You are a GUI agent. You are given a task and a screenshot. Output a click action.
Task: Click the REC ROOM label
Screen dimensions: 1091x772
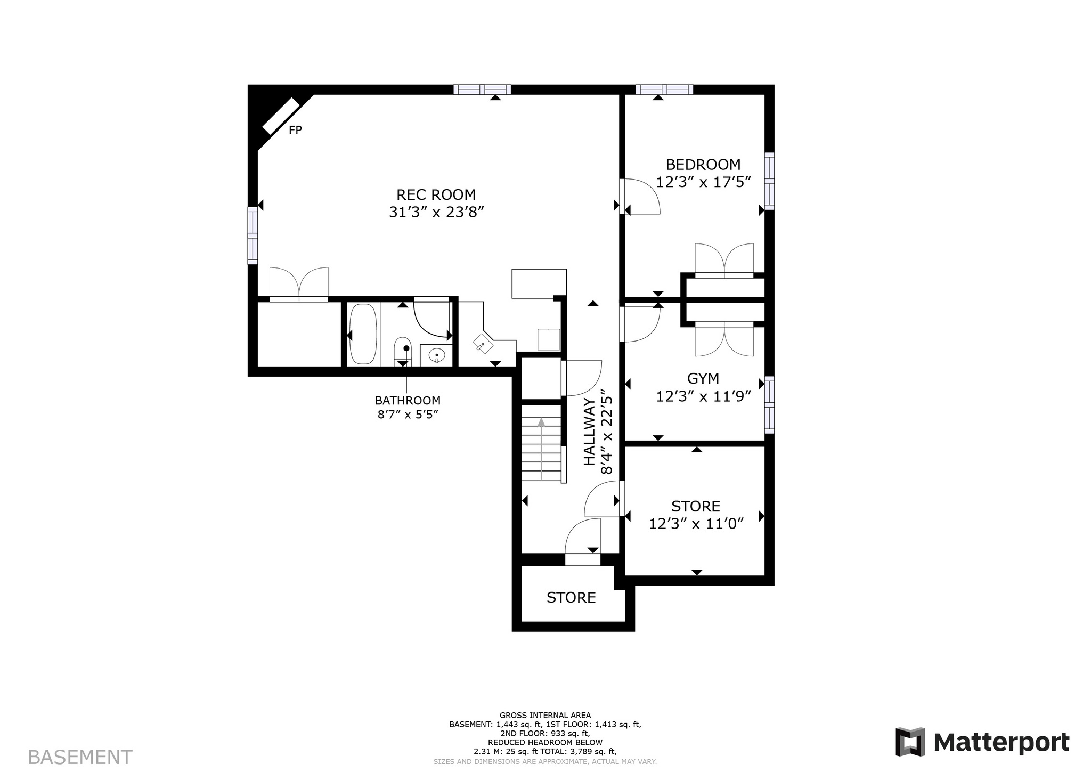pyautogui.click(x=436, y=194)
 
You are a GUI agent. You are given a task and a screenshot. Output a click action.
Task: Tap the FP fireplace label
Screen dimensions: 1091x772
pyautogui.click(x=295, y=130)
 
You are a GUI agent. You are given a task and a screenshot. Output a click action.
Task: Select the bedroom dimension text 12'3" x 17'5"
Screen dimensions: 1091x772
pyautogui.click(x=703, y=182)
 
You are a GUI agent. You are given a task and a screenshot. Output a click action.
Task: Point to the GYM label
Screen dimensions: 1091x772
pyautogui.click(x=703, y=378)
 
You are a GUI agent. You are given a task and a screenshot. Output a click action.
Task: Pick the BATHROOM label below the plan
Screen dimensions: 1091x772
pyautogui.click(x=408, y=400)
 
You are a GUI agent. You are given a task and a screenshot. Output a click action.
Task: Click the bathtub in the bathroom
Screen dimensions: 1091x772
pyautogui.click(x=363, y=335)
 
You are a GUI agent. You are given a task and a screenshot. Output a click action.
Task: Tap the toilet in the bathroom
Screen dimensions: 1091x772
pyautogui.click(x=403, y=351)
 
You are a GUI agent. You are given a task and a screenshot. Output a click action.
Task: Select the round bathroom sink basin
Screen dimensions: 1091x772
pyautogui.click(x=437, y=354)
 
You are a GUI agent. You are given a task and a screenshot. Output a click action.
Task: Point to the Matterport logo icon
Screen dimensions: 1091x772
pyautogui.click(x=910, y=742)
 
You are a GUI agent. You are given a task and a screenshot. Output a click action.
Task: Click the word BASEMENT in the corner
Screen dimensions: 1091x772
pyautogui.click(x=80, y=757)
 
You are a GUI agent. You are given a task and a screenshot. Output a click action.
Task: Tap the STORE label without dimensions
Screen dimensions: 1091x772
pyautogui.click(x=571, y=597)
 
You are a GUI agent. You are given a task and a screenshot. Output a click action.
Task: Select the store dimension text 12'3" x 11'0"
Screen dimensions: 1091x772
pyautogui.click(x=696, y=524)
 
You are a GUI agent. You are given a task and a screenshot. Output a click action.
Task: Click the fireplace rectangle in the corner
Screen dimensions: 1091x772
pyautogui.click(x=281, y=116)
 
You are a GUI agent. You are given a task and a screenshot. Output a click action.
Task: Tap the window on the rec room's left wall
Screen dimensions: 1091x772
pyautogui.click(x=253, y=235)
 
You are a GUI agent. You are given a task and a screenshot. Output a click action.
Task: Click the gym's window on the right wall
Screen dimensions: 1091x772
pyautogui.click(x=769, y=404)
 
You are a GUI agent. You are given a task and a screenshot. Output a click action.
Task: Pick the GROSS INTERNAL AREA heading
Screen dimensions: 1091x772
pyautogui.click(x=545, y=716)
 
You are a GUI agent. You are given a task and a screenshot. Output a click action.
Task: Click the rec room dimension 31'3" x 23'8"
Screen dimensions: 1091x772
pyautogui.click(x=436, y=213)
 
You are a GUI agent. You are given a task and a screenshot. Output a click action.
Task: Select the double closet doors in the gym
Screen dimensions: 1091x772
pyautogui.click(x=724, y=339)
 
